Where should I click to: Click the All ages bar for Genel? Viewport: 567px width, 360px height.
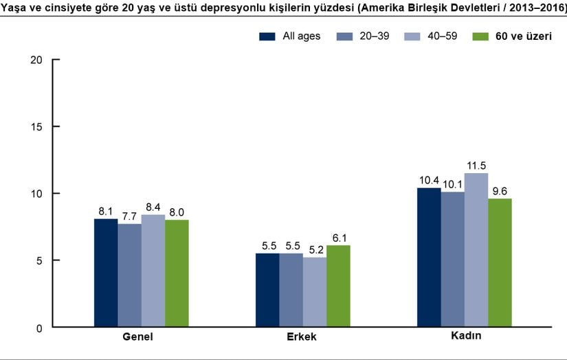tap(106, 273)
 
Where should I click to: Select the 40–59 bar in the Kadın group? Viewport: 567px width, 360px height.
tap(476, 250)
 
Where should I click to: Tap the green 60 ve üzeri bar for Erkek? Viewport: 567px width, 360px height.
tap(338, 286)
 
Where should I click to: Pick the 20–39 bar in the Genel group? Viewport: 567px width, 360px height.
tap(129, 275)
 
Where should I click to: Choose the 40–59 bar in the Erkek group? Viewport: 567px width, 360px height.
tap(315, 292)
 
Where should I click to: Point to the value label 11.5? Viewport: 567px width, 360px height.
tap(476, 166)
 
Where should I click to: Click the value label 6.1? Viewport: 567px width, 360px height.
tap(338, 238)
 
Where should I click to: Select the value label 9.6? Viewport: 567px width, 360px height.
tap(500, 191)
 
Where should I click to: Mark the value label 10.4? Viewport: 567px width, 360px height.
tap(429, 180)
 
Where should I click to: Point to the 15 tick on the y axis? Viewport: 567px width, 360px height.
tap(37, 126)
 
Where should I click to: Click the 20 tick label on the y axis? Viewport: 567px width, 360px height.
tap(37, 60)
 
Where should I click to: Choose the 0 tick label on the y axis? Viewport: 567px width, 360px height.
tap(40, 328)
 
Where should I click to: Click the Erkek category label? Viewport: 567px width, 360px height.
tap(302, 339)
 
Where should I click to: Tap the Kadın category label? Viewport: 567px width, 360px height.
tap(464, 337)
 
